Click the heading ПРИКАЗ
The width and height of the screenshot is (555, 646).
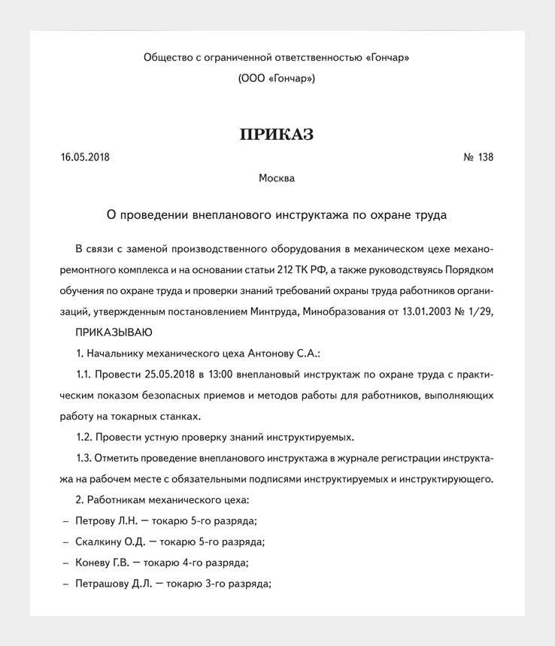pos(277,135)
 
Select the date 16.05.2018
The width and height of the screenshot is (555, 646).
pos(85,158)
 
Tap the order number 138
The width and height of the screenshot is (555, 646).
pos(486,158)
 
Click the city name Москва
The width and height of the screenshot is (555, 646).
pos(277,179)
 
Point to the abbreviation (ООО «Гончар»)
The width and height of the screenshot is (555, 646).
pos(277,78)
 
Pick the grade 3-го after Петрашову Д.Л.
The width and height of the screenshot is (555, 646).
pos(217,584)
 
